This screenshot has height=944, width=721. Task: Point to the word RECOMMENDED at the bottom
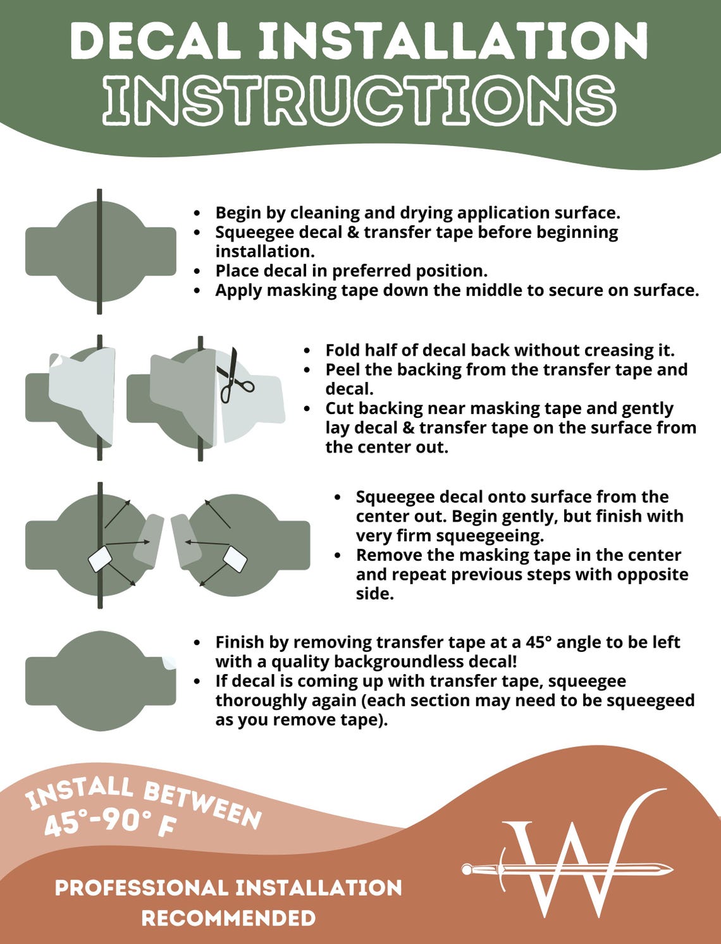pyautogui.click(x=229, y=918)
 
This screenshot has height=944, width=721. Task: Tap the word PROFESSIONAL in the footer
pyautogui.click(x=142, y=888)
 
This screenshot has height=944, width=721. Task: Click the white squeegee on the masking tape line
pyautogui.click(x=100, y=560)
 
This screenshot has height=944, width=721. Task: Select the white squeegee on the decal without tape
pyautogui.click(x=235, y=559)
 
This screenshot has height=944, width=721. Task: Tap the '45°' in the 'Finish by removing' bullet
pyautogui.click(x=538, y=642)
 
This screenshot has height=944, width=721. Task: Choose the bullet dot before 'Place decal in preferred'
pyautogui.click(x=197, y=272)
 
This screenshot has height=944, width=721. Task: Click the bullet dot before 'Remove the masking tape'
pyautogui.click(x=338, y=556)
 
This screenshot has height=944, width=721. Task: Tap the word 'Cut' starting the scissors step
pyautogui.click(x=340, y=408)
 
